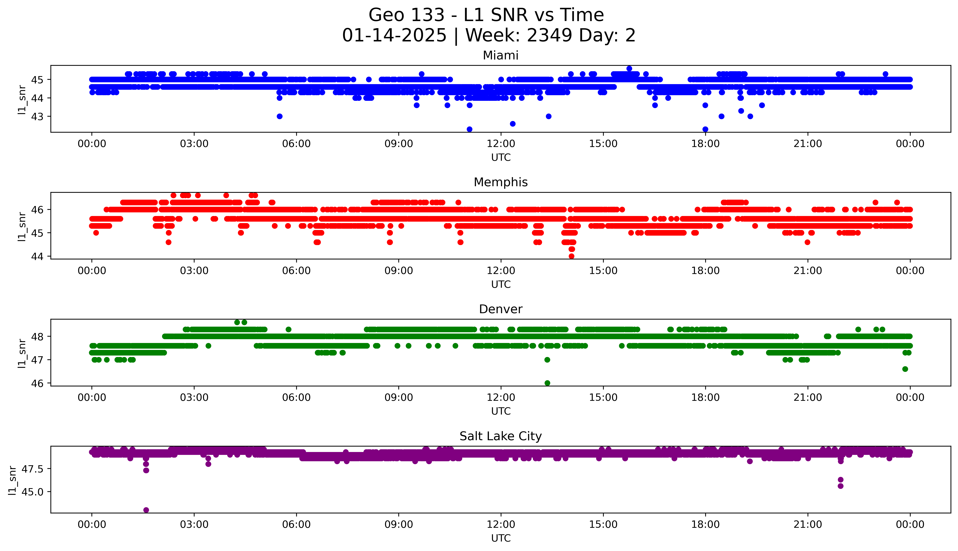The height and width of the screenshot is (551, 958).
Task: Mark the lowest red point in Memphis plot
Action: (x=571, y=256)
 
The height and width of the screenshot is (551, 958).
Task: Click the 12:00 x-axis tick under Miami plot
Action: (x=501, y=144)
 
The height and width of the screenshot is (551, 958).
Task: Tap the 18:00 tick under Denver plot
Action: (x=705, y=397)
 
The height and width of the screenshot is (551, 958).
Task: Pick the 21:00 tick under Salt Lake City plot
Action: (x=808, y=524)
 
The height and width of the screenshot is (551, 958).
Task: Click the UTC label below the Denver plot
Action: (x=501, y=411)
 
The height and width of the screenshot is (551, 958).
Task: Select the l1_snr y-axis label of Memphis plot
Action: (x=22, y=226)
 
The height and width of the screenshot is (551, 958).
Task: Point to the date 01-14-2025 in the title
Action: (x=394, y=36)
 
